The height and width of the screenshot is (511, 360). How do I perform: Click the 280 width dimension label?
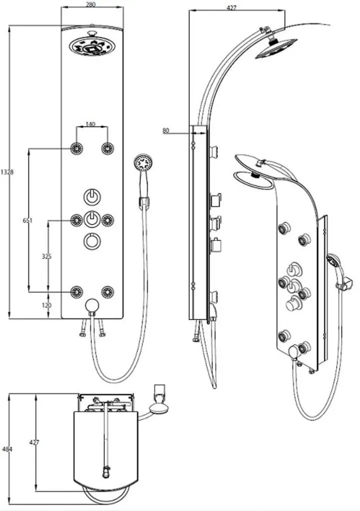(91, 4)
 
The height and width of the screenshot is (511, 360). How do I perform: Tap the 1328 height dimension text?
(7, 172)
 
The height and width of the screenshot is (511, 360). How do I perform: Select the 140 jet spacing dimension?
(90, 124)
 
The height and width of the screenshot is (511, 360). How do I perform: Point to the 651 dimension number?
(28, 221)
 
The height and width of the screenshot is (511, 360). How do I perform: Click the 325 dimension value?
(46, 256)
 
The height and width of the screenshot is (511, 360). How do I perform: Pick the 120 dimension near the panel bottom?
(46, 305)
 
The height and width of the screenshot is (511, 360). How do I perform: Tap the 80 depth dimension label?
(166, 131)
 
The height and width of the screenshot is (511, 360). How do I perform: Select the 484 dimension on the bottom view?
(7, 449)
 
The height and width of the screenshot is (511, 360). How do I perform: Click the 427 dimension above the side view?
(231, 8)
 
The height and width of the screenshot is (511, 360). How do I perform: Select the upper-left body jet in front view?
(77, 149)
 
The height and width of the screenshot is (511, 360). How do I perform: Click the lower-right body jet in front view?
(107, 291)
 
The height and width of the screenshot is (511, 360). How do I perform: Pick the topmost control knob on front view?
(92, 197)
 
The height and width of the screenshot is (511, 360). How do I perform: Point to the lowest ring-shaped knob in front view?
(92, 241)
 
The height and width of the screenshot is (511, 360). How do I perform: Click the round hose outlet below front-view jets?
(92, 306)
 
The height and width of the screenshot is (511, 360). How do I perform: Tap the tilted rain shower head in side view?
(276, 49)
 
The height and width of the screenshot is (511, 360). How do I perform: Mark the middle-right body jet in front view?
(107, 220)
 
